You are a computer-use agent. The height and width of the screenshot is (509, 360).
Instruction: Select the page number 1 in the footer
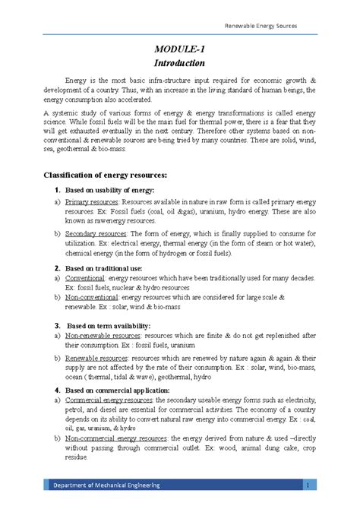(304, 485)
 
